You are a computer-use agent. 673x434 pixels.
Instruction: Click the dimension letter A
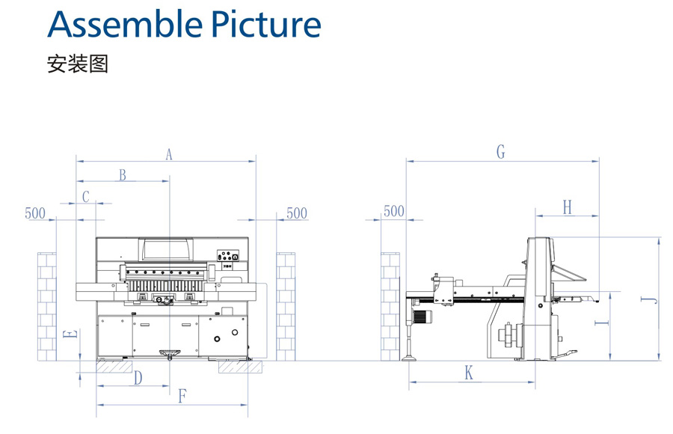click(169, 154)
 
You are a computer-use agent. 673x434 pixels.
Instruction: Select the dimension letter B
click(123, 175)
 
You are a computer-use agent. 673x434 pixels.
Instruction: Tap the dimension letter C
click(86, 197)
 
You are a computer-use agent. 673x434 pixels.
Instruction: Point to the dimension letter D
click(138, 379)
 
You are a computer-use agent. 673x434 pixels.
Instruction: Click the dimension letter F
click(182, 397)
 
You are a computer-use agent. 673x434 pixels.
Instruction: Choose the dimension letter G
click(501, 153)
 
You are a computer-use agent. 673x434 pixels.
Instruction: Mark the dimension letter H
click(567, 208)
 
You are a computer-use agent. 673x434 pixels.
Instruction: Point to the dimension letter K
click(469, 373)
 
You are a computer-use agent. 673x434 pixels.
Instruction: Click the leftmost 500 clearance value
click(35, 213)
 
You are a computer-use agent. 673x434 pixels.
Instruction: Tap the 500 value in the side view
click(393, 212)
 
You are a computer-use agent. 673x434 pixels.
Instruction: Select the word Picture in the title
click(267, 24)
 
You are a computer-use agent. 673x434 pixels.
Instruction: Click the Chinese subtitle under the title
click(78, 64)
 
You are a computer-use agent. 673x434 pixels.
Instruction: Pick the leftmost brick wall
click(47, 306)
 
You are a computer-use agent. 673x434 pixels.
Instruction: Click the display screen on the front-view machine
click(166, 249)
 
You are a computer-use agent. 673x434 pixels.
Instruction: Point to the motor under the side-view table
click(424, 317)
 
